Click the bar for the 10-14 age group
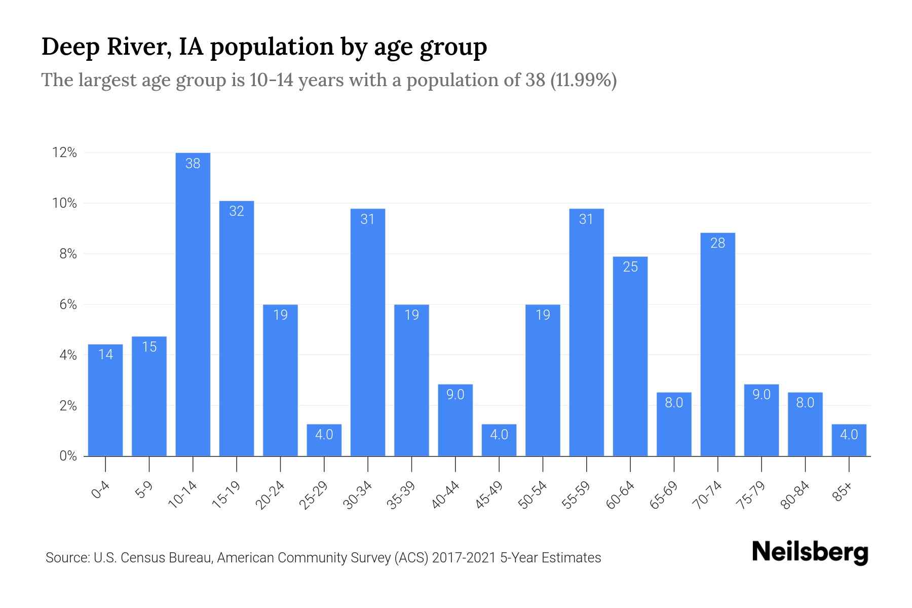click(193, 304)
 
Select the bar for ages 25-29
click(324, 440)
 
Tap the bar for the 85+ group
click(849, 440)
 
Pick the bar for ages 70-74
click(717, 345)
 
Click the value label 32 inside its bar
click(237, 211)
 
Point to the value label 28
click(717, 243)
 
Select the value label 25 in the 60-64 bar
click(630, 267)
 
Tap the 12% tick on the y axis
click(64, 153)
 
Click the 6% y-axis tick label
click(68, 305)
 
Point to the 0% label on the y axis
click(68, 456)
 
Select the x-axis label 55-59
click(576, 495)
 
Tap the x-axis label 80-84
click(795, 495)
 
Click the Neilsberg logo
click(810, 552)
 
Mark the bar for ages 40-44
click(455, 420)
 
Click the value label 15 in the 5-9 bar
click(149, 347)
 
